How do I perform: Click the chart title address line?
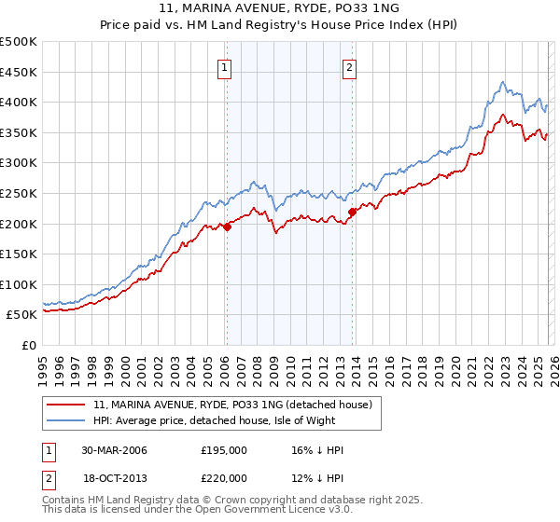(x=279, y=8)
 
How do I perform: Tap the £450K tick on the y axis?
(x=19, y=72)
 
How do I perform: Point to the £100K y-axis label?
(x=19, y=284)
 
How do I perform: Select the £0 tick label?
(x=28, y=345)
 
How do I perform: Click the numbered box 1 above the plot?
(x=226, y=66)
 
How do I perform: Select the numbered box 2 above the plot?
(x=349, y=66)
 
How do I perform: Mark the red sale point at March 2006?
(x=227, y=227)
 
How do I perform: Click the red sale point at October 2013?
(x=352, y=212)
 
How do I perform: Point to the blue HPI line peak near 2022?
(x=502, y=82)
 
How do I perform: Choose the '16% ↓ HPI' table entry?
(x=317, y=450)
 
